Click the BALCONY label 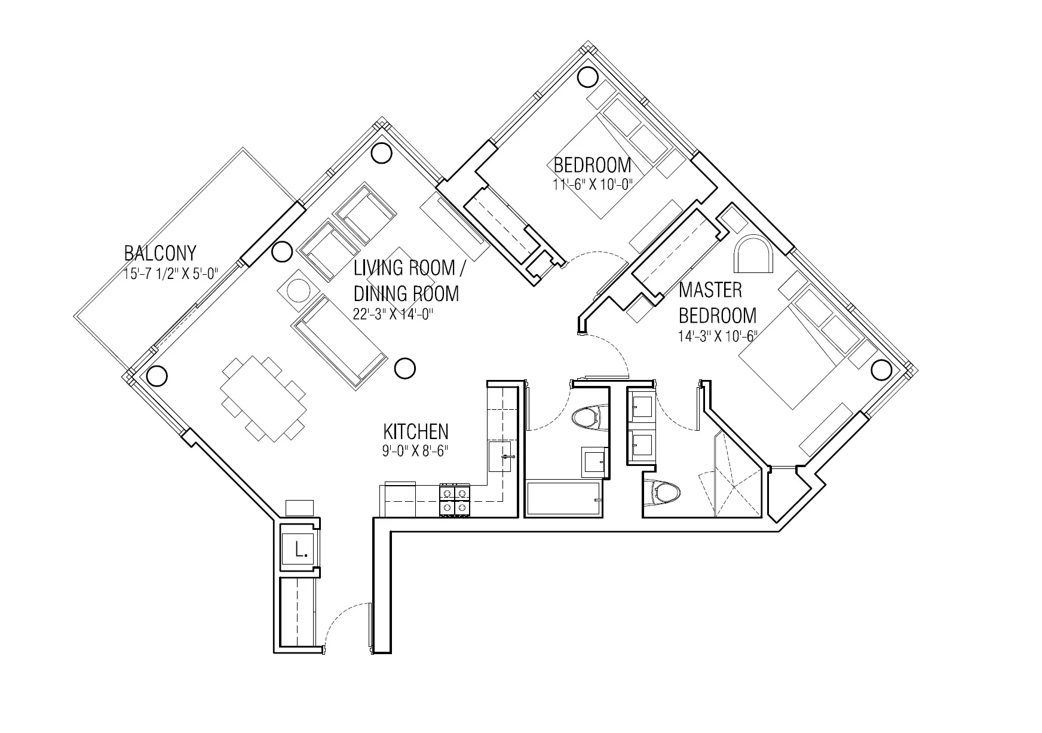[160, 253]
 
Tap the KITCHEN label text [415, 431]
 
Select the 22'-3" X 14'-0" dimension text [393, 314]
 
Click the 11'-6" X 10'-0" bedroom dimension [592, 185]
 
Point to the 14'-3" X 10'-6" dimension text [718, 336]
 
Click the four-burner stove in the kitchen [455, 500]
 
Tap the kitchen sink [501, 457]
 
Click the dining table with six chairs [263, 398]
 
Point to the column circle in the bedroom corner [587, 76]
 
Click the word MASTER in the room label [710, 290]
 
